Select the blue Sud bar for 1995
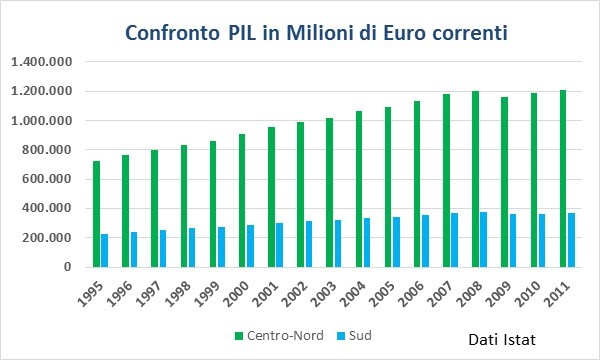(105, 250)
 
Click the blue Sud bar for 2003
(338, 243)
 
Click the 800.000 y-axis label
(46, 150)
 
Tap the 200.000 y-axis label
(46, 238)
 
